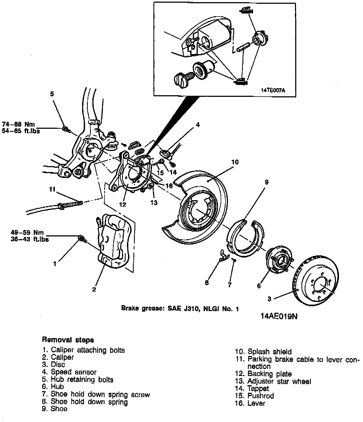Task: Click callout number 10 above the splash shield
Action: pyautogui.click(x=235, y=162)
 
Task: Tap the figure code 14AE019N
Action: pyautogui.click(x=279, y=316)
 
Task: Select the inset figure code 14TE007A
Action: pyautogui.click(x=273, y=91)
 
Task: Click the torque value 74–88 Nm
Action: pyautogui.click(x=18, y=124)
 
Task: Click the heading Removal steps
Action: pyautogui.click(x=68, y=340)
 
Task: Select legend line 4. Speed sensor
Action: pyautogui.click(x=69, y=372)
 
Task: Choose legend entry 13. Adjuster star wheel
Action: pyautogui.click(x=273, y=381)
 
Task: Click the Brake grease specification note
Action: pyautogui.click(x=180, y=308)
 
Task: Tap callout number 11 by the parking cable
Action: pyautogui.click(x=52, y=189)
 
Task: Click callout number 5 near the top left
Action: pyautogui.click(x=52, y=94)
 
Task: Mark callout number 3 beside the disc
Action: pyautogui.click(x=269, y=299)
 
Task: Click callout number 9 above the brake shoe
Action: pyautogui.click(x=267, y=182)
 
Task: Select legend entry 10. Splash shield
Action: pyautogui.click(x=263, y=352)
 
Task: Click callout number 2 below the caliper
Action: pyautogui.click(x=94, y=290)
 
